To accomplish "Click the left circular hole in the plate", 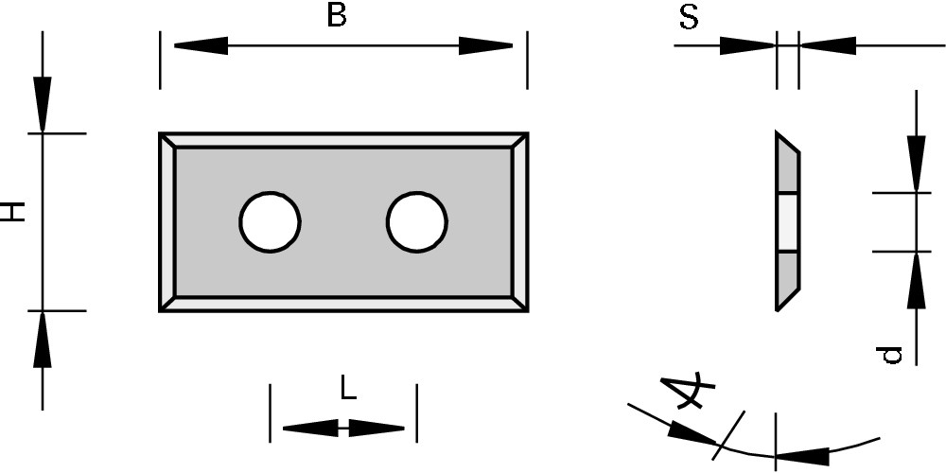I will [x=270, y=222].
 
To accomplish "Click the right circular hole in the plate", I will [x=416, y=222].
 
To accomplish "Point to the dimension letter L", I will [x=348, y=388].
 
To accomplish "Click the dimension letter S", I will [x=689, y=18].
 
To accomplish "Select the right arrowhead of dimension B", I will [x=486, y=44].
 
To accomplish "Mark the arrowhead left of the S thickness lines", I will [x=747, y=44].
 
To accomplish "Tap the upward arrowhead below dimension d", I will [x=916, y=282].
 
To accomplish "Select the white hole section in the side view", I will [x=787, y=222].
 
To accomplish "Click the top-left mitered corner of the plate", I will [x=166, y=140].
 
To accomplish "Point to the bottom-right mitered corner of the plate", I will [x=519, y=303].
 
